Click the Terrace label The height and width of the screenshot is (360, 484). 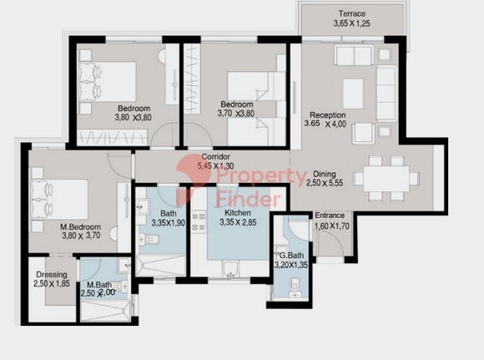pos(352,14)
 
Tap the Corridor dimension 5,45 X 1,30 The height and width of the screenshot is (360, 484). pos(215,166)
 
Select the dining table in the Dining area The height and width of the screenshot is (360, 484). pos(386,179)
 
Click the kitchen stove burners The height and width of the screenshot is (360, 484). pos(199,221)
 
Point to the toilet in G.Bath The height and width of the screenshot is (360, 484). pos(295,287)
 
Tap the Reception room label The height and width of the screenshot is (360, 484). pos(327,115)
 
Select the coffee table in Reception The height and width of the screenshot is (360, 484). pos(353,94)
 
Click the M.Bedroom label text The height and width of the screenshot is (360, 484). pos(80,227)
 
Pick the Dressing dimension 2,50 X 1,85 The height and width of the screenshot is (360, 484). pos(52,284)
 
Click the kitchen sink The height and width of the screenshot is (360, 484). pos(230,269)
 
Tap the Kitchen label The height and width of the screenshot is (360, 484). pos(238,213)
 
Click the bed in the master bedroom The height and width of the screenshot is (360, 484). pos(59,200)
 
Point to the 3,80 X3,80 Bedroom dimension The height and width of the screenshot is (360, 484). pos(133,118)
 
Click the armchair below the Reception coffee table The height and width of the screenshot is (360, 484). pos(364,134)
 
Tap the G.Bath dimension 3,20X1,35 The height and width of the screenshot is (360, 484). pos(291,265)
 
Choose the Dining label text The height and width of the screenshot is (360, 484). pos(325,174)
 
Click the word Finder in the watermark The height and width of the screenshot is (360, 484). pos(249,200)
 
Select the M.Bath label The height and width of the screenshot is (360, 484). pos(99,285)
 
